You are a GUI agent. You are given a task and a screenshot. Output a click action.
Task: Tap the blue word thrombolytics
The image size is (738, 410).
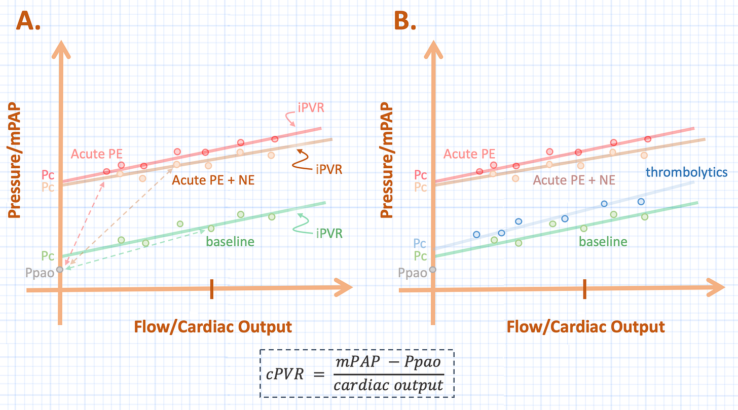[686, 172]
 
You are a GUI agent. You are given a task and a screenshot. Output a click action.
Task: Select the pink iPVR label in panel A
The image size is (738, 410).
[311, 108]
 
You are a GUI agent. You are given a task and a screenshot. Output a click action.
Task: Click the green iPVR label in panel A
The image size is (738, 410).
[329, 233]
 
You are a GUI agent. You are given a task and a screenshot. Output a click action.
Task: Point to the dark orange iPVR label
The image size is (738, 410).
[328, 170]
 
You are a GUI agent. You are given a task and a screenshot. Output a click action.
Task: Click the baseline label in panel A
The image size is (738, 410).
[230, 241]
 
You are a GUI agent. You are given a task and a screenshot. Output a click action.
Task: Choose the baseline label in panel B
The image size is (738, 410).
[603, 241]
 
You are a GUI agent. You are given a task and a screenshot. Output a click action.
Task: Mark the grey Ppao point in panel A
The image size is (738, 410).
[60, 269]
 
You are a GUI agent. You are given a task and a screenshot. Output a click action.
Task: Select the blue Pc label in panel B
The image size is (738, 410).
[420, 243]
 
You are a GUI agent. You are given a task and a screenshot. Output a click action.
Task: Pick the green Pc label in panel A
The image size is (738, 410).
[48, 255]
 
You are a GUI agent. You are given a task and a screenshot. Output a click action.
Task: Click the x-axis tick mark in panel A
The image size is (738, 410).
[212, 290]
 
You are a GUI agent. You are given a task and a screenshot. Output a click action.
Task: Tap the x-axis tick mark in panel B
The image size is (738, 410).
[584, 289]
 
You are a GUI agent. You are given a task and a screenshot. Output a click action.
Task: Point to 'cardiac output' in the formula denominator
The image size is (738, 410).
[388, 386]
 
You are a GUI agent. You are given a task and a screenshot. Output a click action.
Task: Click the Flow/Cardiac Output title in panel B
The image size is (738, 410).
[585, 327]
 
